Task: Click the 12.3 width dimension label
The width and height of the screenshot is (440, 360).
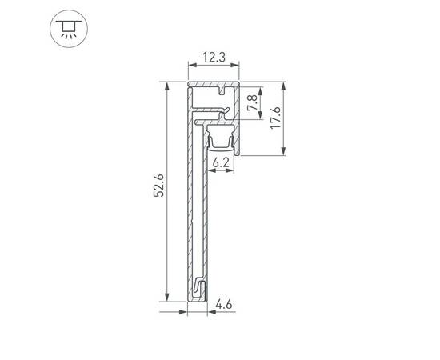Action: coord(214,58)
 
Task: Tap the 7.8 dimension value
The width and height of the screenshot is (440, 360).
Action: coord(251,103)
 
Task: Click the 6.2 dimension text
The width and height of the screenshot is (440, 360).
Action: coord(222,162)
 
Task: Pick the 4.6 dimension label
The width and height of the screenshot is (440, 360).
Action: coord(225,303)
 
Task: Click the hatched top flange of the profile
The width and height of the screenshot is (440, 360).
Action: coord(214,82)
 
